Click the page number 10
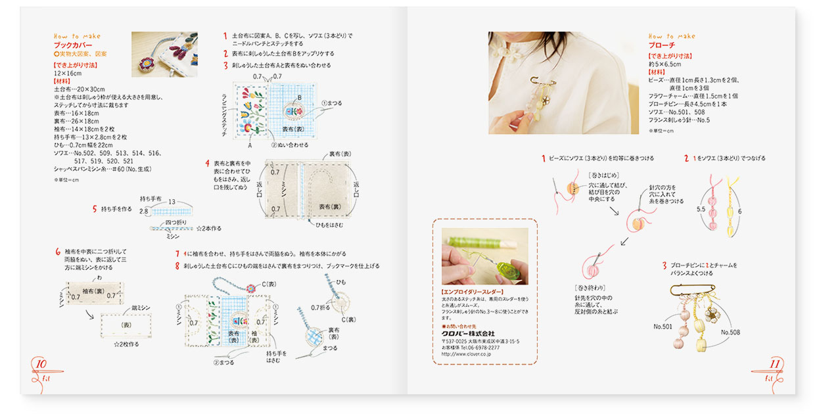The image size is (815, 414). [39, 364]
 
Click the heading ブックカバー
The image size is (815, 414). [73, 45]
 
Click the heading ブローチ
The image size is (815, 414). [662, 45]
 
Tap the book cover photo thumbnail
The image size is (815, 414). [164, 55]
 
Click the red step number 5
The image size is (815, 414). [95, 209]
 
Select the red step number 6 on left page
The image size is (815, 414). [58, 252]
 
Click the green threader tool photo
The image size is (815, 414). [484, 256]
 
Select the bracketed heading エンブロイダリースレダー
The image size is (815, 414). [473, 291]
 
